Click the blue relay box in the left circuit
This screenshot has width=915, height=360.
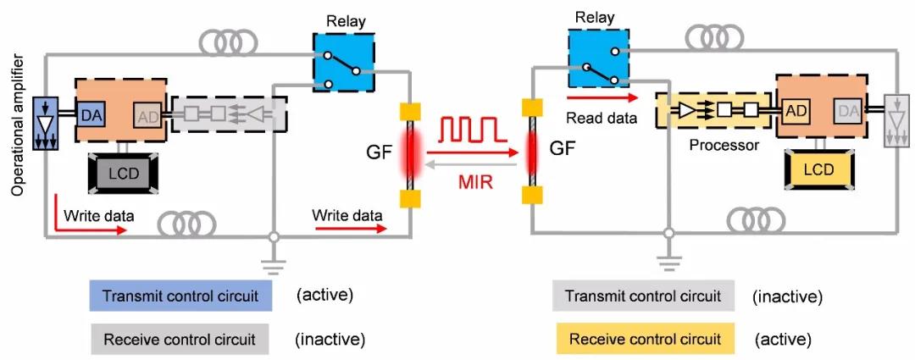[342, 61]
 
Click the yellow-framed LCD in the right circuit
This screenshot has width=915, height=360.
[818, 169]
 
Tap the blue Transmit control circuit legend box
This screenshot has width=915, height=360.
[180, 296]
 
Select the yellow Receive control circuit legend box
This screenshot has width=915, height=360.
[646, 340]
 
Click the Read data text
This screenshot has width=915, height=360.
[602, 119]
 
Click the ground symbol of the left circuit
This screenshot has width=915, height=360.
[272, 264]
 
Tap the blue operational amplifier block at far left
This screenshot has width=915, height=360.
[44, 122]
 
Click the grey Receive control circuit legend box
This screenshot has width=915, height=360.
[179, 341]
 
